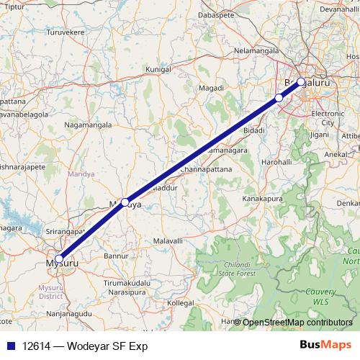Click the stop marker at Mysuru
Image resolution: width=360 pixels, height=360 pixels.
point(59,259)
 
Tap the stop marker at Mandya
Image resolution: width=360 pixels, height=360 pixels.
point(125,202)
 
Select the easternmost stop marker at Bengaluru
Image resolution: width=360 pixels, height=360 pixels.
point(301,81)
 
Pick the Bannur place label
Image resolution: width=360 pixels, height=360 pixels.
point(117,256)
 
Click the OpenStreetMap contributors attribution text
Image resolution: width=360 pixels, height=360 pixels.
point(297,323)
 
